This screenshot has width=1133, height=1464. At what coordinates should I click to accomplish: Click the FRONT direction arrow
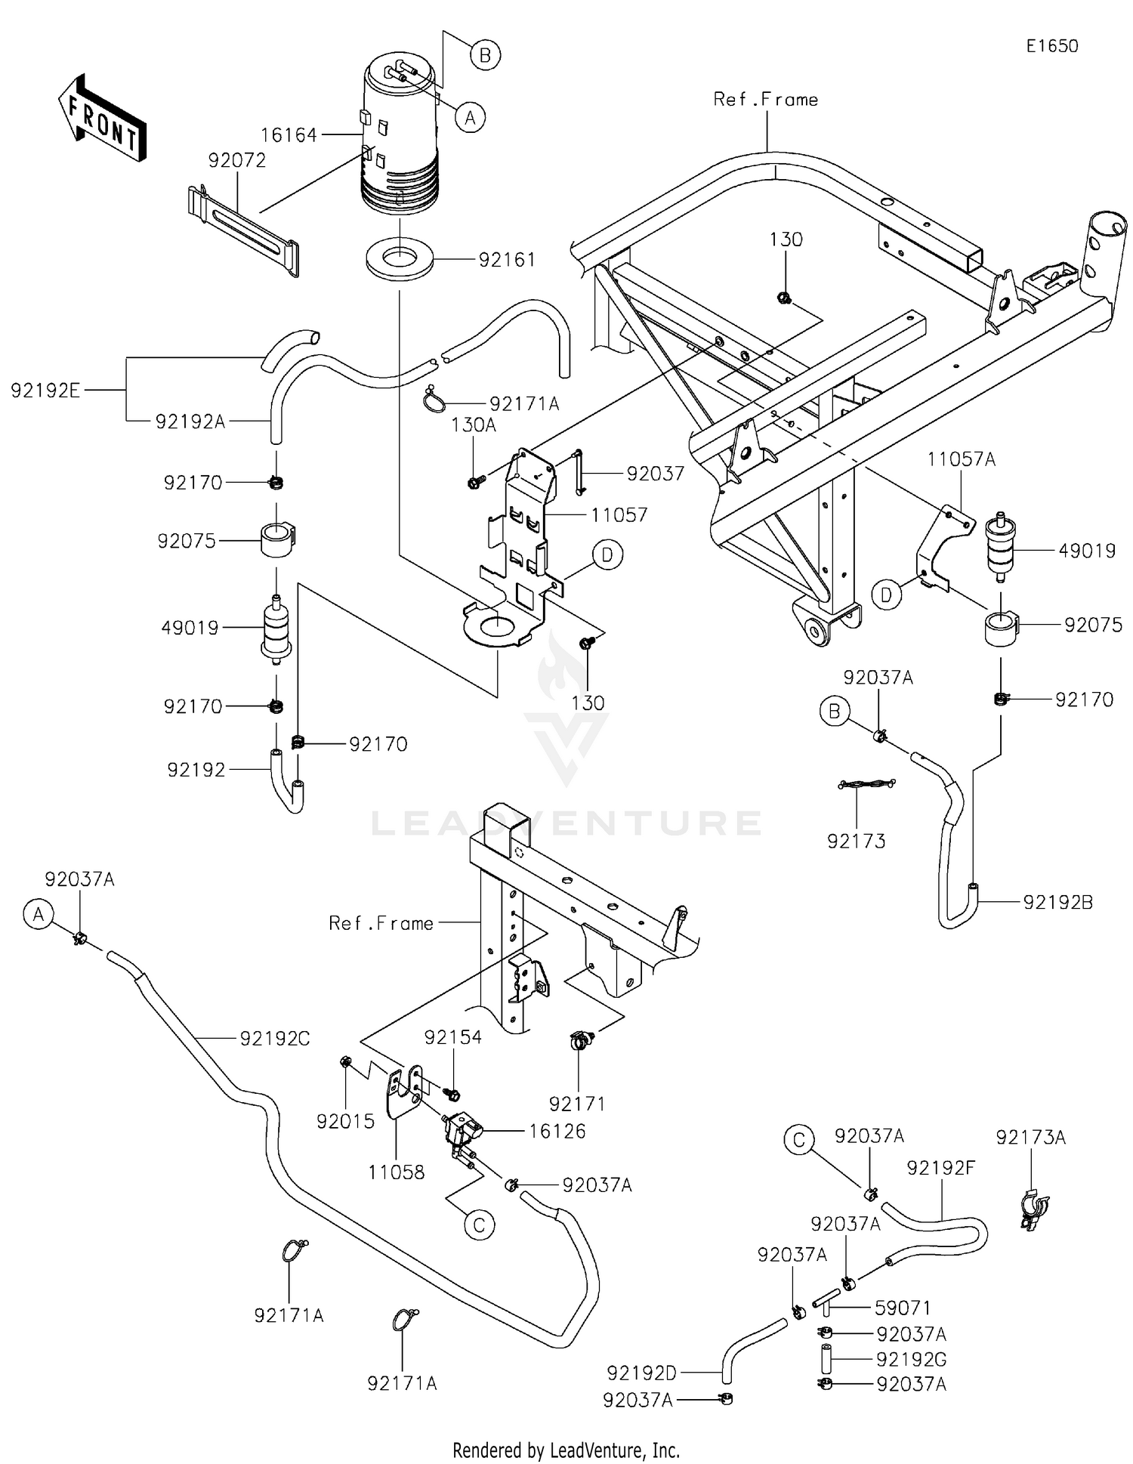(102, 119)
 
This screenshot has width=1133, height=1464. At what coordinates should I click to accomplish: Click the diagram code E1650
(1051, 46)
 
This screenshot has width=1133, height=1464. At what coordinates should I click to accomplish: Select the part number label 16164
(289, 135)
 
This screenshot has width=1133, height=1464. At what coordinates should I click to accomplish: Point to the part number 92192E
(45, 391)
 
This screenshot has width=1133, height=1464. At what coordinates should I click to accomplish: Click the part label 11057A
(961, 459)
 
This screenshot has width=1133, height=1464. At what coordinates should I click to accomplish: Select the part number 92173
(856, 841)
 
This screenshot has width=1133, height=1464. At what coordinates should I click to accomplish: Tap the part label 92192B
(1057, 902)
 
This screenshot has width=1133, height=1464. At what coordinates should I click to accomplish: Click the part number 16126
(557, 1131)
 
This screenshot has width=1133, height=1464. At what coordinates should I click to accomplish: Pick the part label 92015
(345, 1122)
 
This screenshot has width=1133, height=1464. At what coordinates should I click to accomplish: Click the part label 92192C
(275, 1039)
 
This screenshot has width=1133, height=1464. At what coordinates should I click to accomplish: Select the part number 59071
(903, 1308)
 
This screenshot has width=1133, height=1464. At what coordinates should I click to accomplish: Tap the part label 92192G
(911, 1359)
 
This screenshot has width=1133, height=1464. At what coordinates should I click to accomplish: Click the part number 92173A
(1030, 1137)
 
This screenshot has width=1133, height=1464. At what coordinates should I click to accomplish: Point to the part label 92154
(452, 1037)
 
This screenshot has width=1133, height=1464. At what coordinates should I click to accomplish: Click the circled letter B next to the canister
(485, 55)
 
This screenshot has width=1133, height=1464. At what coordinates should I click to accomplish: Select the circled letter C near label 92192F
(800, 1138)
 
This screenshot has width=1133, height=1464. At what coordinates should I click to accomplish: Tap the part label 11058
(396, 1172)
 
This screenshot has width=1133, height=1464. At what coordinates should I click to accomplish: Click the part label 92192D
(641, 1372)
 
